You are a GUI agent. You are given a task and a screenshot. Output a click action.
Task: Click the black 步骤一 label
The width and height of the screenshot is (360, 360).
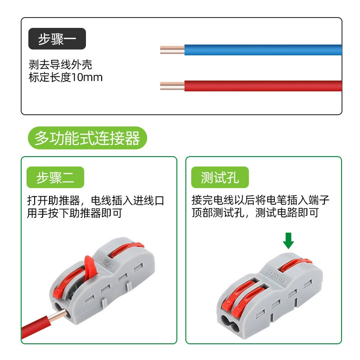tap(57, 39)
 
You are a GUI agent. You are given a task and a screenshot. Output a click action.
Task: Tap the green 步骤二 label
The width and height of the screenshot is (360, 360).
tap(55, 177)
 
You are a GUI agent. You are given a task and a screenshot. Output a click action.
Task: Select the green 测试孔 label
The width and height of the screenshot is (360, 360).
tap(220, 177)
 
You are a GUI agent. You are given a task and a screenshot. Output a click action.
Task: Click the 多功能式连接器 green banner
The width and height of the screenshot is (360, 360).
tap(87, 138)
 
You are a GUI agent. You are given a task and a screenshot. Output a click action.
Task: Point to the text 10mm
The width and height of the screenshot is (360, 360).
tap(87, 77)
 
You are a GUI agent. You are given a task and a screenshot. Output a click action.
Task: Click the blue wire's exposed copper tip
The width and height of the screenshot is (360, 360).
tap(172, 50)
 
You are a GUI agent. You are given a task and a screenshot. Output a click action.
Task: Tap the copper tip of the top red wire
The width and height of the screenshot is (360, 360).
tap(172, 86)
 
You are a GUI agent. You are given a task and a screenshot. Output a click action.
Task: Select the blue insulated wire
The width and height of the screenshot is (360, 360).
tap(263, 50)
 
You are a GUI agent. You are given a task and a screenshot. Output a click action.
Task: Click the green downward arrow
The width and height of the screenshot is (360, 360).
tap(288, 241)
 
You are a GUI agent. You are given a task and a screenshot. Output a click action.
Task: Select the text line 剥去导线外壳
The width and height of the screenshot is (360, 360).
tap(60, 64)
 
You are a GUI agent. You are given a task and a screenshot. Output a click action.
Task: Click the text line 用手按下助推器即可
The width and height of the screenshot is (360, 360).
tap(74, 213)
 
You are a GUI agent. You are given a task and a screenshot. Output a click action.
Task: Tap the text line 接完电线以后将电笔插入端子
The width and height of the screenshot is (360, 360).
tap(261, 200)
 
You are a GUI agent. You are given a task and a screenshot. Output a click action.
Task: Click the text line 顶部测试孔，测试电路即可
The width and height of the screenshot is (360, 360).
tap(255, 212)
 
